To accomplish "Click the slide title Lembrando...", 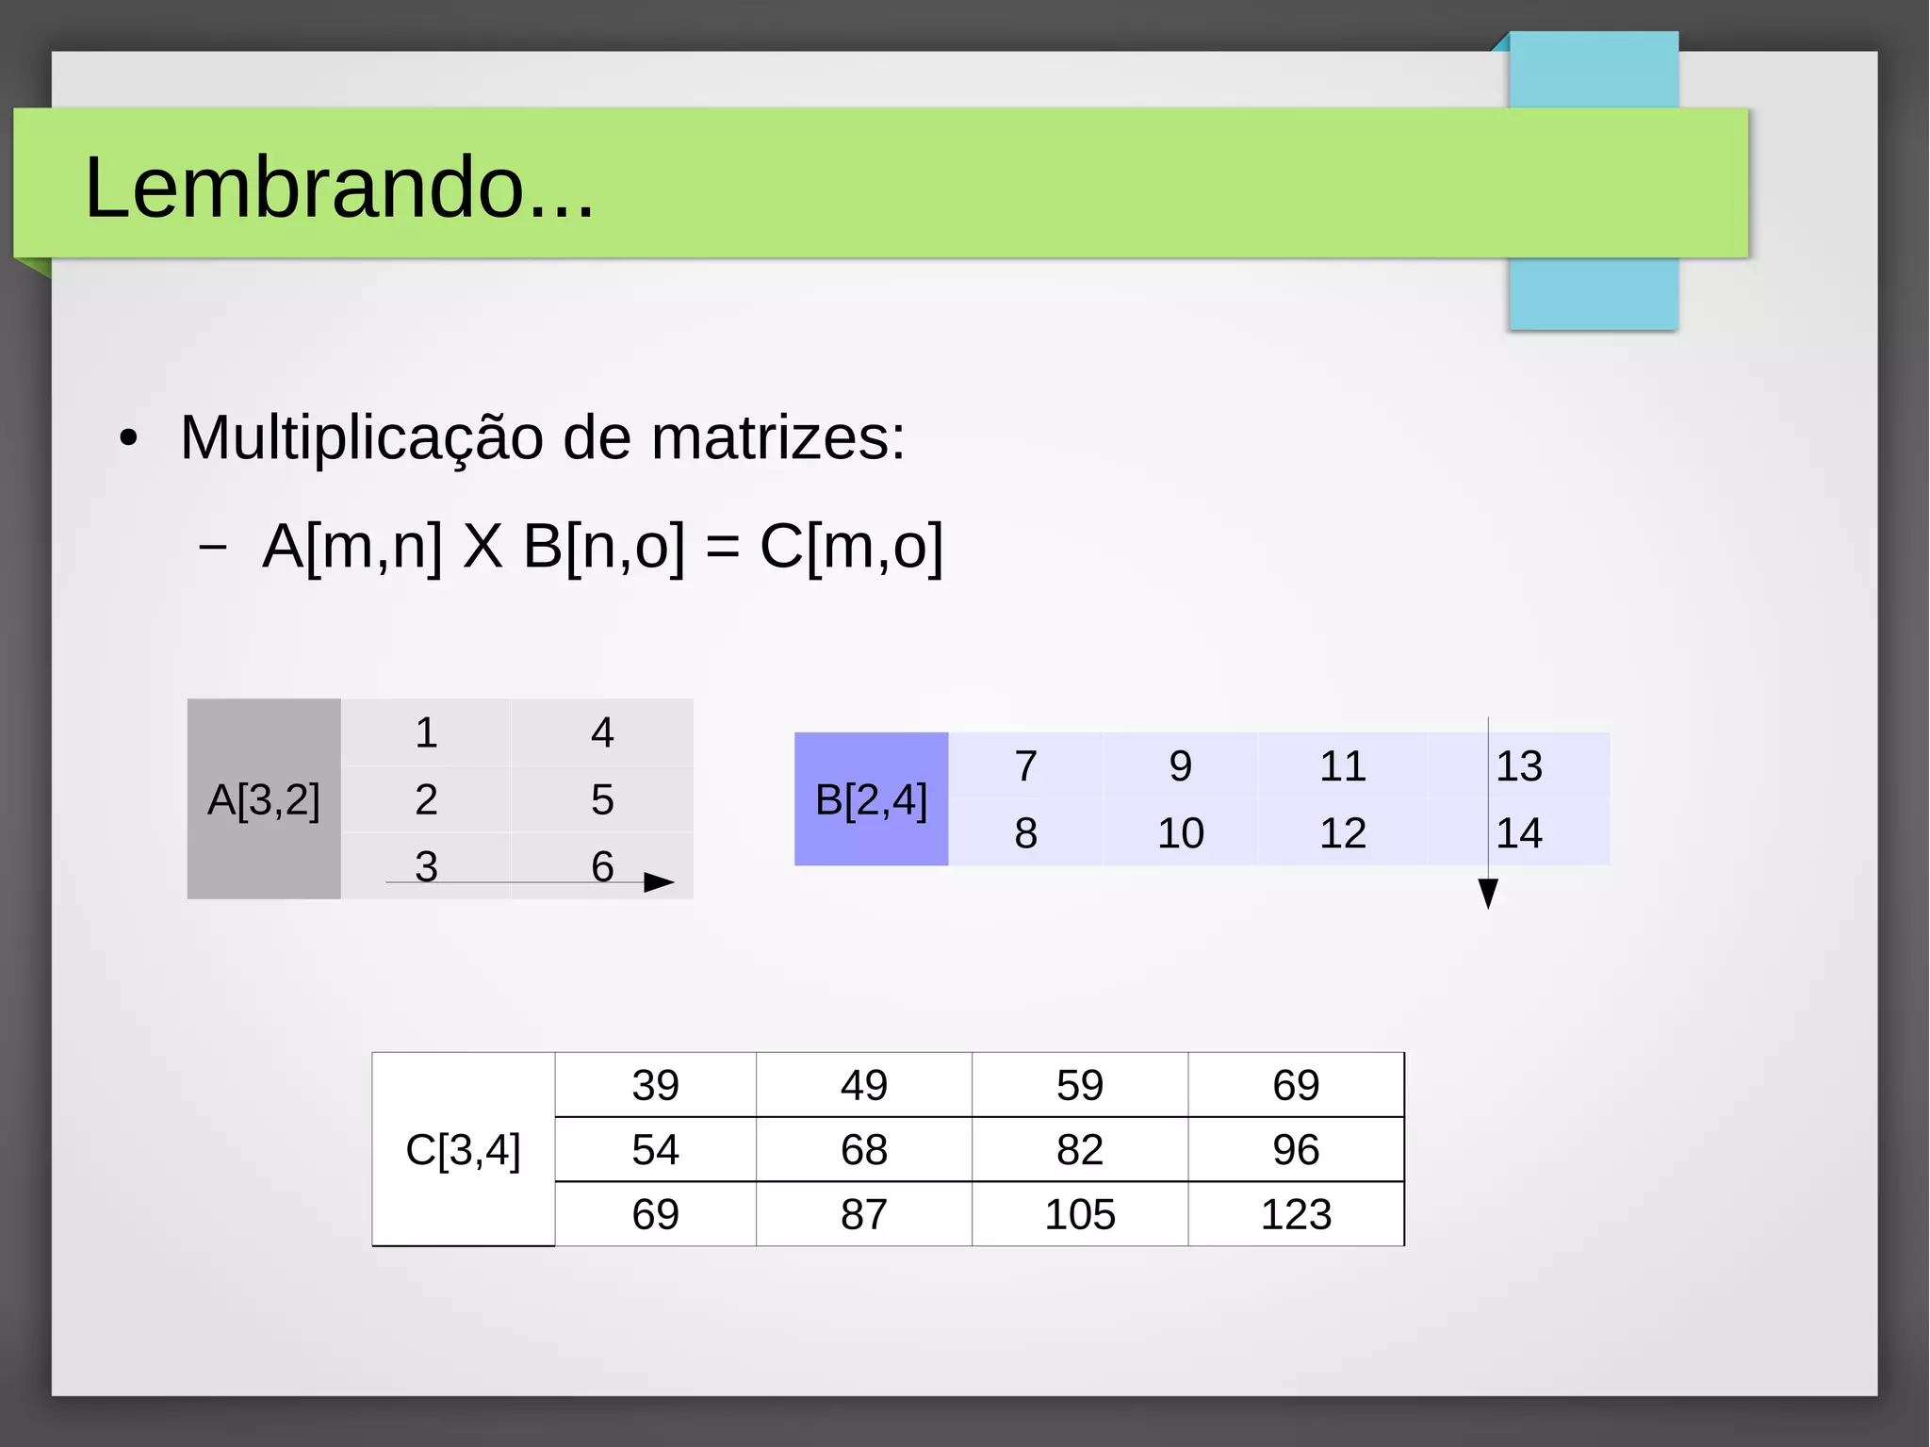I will coord(339,188).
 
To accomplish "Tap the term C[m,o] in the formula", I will coord(851,546).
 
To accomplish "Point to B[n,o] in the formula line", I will coord(603,546).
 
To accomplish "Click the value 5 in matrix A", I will coord(602,799).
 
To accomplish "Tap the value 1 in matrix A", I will coord(426,732).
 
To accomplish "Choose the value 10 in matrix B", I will coord(1180,833).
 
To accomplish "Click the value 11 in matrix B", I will coord(1342,765).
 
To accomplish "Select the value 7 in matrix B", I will coord(1025,765).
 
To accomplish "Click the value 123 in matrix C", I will coord(1296,1214).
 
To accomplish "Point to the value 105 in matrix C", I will coord(1080,1214).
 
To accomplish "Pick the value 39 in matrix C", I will coord(655,1085).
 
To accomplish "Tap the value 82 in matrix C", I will coord(1080,1150).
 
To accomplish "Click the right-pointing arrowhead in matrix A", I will coord(659,882).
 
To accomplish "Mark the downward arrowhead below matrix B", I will coord(1488,893).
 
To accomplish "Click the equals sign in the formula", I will coord(722,548).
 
